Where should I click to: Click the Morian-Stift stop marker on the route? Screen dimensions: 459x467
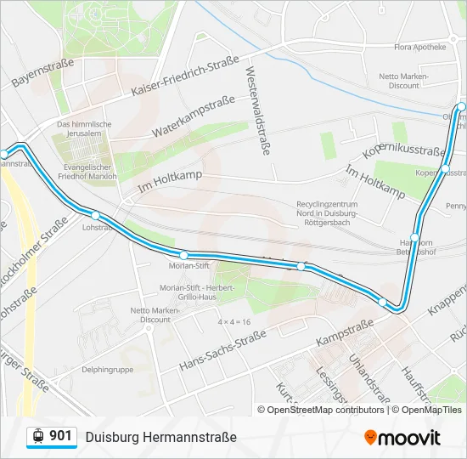tap(183, 254)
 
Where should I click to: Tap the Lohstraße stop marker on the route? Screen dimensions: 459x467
tap(95, 216)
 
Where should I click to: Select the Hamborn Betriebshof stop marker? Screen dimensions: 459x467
tap(415, 237)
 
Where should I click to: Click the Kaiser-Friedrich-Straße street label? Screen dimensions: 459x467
tap(184, 77)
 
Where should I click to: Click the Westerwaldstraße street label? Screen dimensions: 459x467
tap(257, 110)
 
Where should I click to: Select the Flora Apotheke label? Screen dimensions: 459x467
tap(418, 48)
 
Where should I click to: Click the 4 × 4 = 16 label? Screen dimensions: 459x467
tap(233, 322)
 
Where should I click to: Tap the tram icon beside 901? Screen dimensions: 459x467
tap(37, 436)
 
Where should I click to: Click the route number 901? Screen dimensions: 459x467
tap(60, 436)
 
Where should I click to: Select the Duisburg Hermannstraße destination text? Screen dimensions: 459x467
tap(160, 437)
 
